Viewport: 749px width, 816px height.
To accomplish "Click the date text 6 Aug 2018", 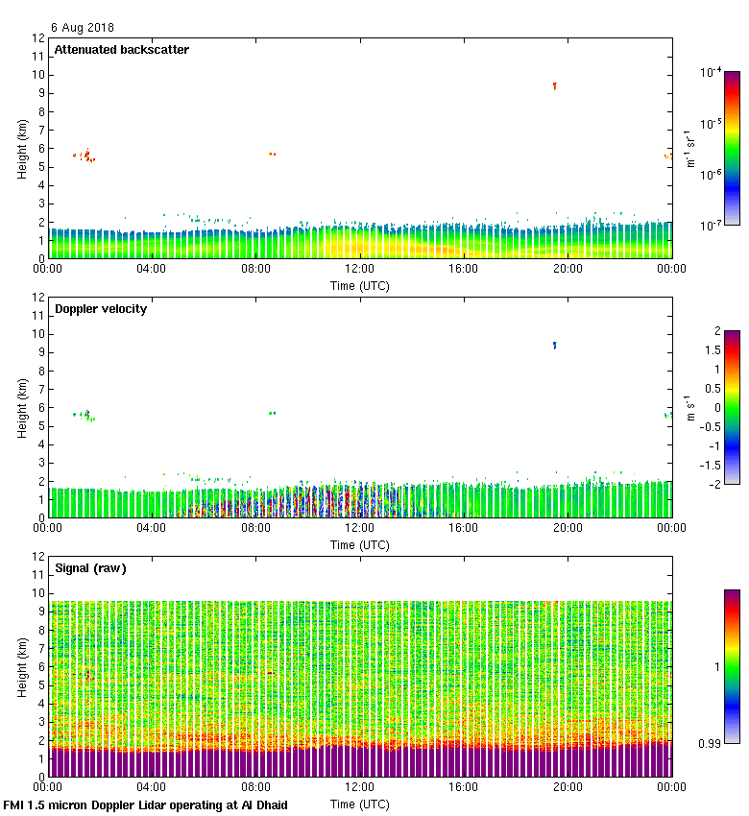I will [82, 28].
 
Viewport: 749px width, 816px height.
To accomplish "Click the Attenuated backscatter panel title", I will [121, 50].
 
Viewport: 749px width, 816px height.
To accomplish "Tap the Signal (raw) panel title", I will [90, 568].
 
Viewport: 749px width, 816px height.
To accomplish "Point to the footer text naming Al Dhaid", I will [146, 804].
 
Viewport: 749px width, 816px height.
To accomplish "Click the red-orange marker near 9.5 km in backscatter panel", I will [555, 86].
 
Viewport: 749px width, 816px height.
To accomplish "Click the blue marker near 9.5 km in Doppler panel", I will [555, 345].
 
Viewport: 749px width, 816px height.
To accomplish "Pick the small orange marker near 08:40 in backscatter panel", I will [273, 154].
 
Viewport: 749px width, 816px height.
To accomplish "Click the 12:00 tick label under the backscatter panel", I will [360, 270].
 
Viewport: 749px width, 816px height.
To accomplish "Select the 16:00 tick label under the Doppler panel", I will [464, 529].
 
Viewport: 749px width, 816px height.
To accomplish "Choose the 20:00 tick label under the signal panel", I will [568, 788].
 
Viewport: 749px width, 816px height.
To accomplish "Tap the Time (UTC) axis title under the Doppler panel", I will [360, 544].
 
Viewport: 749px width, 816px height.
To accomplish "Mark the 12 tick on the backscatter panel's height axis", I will [39, 38].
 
